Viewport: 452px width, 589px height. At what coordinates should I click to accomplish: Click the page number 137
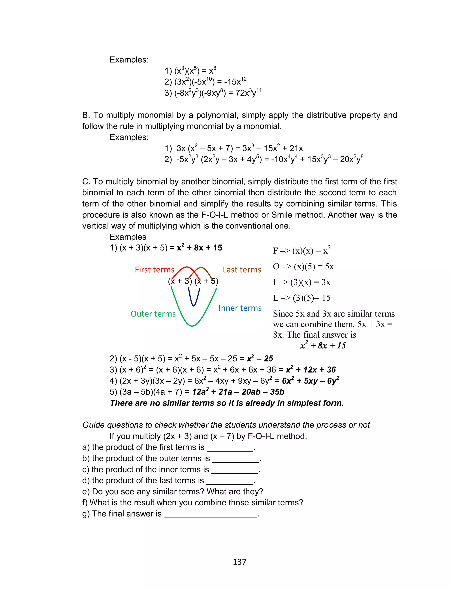tap(239, 562)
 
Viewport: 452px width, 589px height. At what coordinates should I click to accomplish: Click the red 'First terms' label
tap(154, 269)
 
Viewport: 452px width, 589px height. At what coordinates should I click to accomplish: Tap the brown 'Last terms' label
tap(242, 269)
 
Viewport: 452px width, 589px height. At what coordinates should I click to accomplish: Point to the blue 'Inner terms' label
tap(240, 308)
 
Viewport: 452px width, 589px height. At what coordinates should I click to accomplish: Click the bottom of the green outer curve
tap(192, 326)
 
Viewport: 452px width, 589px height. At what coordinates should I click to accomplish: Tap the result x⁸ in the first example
tap(213, 71)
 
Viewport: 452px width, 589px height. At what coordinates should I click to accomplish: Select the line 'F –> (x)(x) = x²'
tap(301, 251)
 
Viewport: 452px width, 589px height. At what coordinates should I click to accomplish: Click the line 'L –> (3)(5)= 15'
tap(301, 298)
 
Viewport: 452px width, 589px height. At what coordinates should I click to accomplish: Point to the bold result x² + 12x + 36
tap(311, 370)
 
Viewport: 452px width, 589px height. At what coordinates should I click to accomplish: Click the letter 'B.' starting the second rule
tap(86, 115)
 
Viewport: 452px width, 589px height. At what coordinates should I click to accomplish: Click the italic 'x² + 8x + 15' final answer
tap(323, 345)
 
